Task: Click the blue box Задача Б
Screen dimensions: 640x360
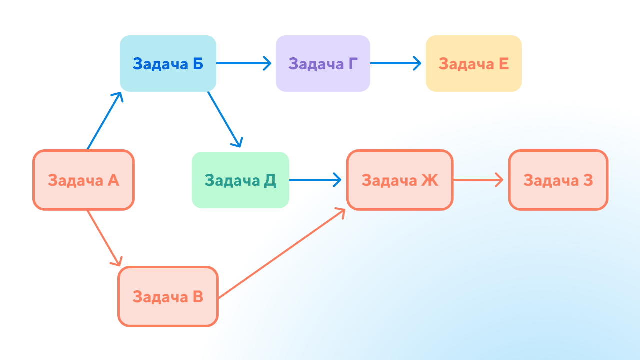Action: (x=168, y=63)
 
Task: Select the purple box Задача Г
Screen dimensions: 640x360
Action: (x=323, y=63)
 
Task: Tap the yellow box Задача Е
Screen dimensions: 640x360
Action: (x=474, y=63)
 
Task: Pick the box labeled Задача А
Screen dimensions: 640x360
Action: (x=83, y=180)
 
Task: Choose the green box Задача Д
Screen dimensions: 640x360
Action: (x=240, y=180)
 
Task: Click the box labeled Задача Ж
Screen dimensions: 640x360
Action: (x=400, y=180)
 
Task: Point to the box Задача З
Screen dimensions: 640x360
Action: (x=558, y=180)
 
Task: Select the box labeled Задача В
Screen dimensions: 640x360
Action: (x=168, y=297)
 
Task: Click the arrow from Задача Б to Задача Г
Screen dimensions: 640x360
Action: (x=243, y=63)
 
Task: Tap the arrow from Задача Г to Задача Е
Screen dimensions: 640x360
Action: (x=395, y=63)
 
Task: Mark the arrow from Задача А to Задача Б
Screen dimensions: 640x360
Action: (x=104, y=121)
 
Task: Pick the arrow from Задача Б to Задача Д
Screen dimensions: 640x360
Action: (x=225, y=119)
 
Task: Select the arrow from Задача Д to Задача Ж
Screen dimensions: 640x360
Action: (x=315, y=180)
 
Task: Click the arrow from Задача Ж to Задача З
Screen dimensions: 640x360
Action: (x=478, y=180)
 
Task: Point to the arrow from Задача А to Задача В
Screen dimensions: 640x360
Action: (x=104, y=238)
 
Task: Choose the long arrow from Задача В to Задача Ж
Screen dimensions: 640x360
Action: (x=282, y=253)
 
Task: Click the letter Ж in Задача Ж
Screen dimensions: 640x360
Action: (x=430, y=180)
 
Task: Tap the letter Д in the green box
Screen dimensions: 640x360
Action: (x=270, y=181)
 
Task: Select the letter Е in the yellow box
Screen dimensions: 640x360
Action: (x=504, y=64)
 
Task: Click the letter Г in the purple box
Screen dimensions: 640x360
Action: (x=353, y=64)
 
